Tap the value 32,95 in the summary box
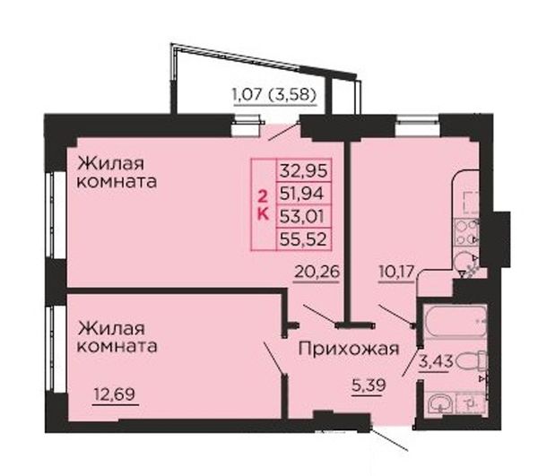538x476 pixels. (304, 170)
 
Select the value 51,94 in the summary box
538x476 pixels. (302, 194)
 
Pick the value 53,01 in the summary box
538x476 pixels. (302, 216)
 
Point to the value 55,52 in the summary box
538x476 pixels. (303, 239)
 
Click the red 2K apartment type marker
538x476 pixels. (263, 205)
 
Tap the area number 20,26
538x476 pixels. (317, 272)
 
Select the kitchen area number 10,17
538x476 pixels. (396, 273)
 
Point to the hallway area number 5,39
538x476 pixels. (369, 385)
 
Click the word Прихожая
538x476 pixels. (349, 350)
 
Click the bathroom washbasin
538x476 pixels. (440, 404)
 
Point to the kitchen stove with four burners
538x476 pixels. (466, 232)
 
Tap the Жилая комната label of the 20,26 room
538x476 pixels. (117, 172)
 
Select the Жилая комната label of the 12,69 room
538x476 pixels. (117, 337)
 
